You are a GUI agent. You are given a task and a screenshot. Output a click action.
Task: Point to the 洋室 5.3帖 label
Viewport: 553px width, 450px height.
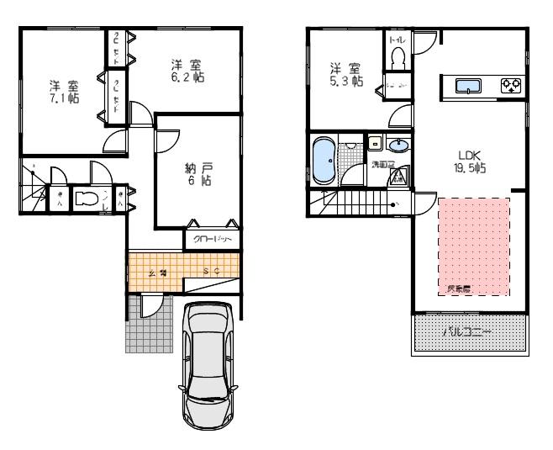point(345,75)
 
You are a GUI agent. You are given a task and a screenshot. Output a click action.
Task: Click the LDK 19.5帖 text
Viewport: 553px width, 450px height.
point(469,161)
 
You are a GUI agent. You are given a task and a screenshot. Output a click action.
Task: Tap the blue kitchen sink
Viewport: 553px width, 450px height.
point(467,84)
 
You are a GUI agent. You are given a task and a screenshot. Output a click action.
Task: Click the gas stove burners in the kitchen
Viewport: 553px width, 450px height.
point(509,84)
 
